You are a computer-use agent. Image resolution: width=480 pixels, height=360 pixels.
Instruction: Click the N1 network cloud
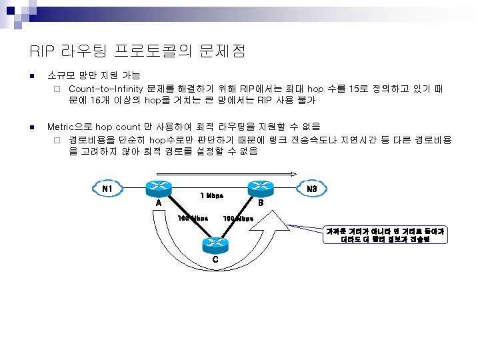tap(105, 189)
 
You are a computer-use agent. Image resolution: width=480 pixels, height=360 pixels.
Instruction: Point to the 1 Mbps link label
tap(211, 196)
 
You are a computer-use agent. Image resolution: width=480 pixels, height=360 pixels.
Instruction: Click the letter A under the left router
tap(158, 203)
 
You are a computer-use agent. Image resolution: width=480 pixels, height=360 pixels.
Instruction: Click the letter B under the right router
tap(261, 203)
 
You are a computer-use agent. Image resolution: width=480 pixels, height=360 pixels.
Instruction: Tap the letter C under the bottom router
tap(215, 259)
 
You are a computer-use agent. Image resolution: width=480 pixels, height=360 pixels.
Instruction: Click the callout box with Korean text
tap(385, 235)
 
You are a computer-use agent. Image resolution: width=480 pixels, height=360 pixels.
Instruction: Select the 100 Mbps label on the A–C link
tap(192, 218)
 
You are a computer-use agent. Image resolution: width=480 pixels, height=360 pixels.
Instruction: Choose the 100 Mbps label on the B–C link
tap(238, 218)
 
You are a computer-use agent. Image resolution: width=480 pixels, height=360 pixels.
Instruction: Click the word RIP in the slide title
tap(39, 51)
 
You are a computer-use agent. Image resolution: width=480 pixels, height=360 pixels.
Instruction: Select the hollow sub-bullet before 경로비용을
tap(57, 140)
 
